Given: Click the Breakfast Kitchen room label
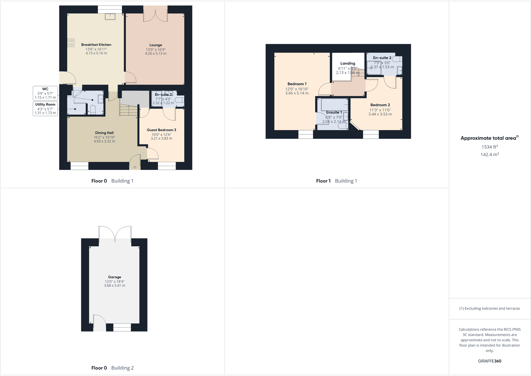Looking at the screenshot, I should coord(96,45).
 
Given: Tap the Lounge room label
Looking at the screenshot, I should coord(156,45).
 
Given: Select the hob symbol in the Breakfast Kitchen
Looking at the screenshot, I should coord(71,43).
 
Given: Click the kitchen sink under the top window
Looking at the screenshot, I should coord(110,16).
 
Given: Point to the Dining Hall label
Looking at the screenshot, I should coord(104,133).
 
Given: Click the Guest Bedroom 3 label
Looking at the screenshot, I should coord(161,130).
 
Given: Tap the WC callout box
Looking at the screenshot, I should coord(45,93).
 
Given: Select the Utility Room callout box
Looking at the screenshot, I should coord(45,109).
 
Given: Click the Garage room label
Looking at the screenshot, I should coord(115,277).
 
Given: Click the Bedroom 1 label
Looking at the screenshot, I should coord(297,84).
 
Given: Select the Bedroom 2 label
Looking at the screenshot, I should coord(380,105).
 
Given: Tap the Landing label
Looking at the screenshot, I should coord(348,63).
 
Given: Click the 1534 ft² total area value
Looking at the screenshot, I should coord(490,147).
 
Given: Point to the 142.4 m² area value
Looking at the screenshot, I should coord(490,154).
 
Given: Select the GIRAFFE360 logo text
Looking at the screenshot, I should coord(490,361).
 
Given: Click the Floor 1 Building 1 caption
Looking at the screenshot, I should coord(336,181).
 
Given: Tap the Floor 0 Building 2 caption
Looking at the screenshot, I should coord(112,368).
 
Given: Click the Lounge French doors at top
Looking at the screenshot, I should coord(156,14).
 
